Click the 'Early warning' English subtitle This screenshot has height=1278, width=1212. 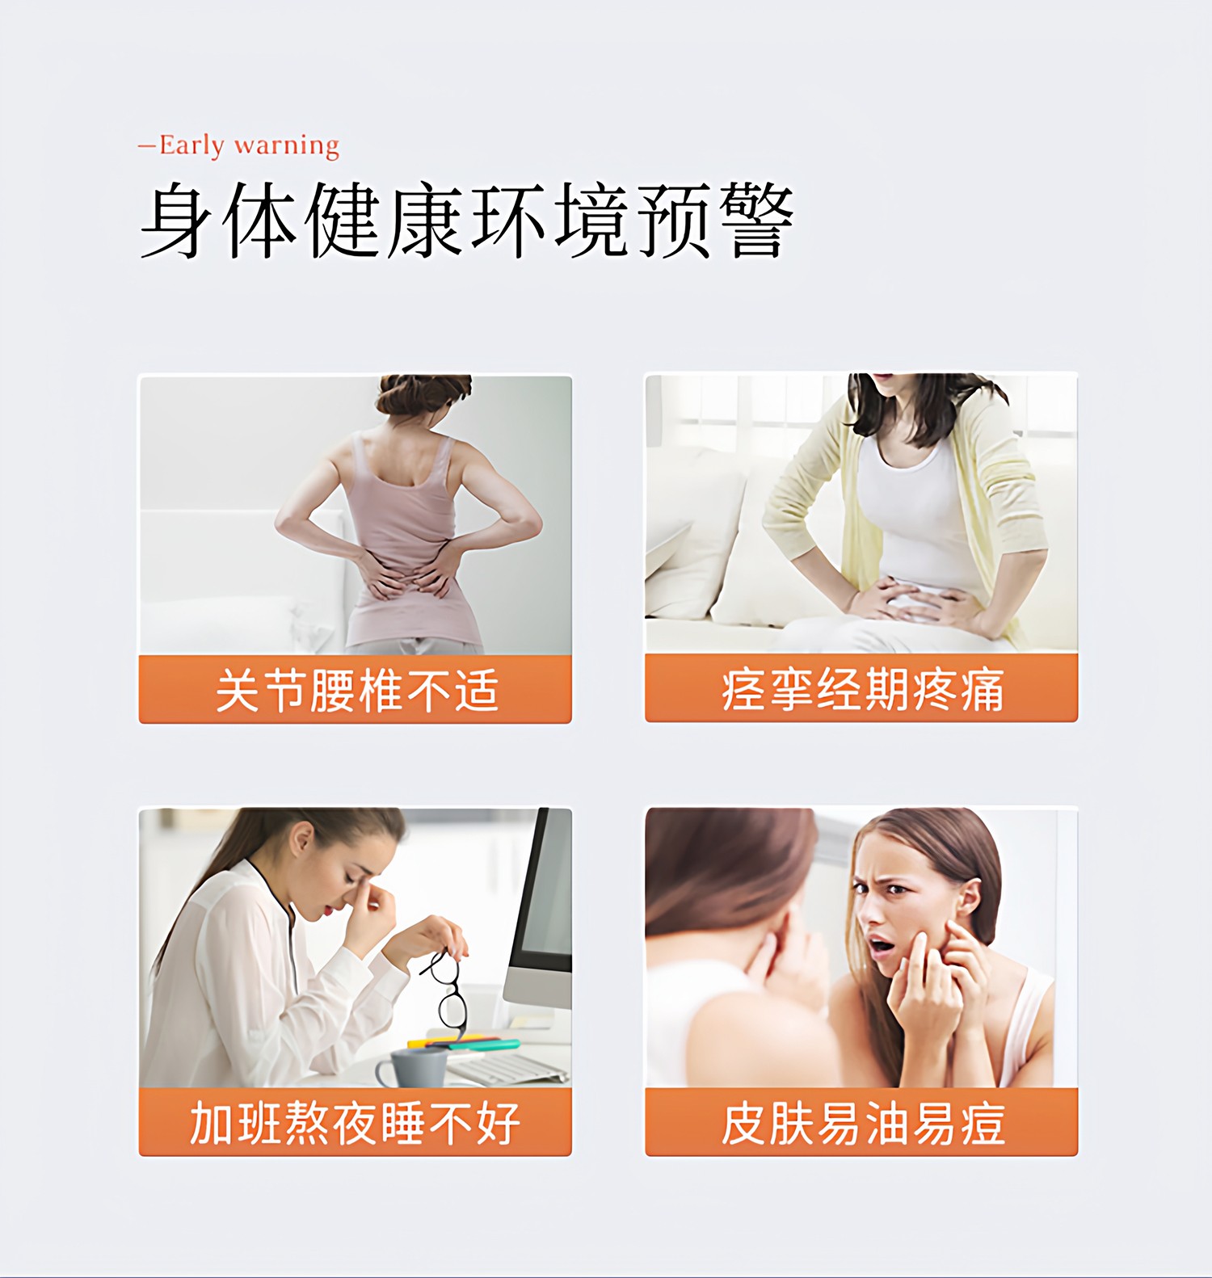click(x=249, y=145)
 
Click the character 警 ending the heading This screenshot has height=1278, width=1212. click(x=755, y=220)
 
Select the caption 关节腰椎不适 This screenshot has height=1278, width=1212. click(x=356, y=691)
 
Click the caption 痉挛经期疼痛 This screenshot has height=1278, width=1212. click(x=862, y=691)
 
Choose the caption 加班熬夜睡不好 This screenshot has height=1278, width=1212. click(x=356, y=1123)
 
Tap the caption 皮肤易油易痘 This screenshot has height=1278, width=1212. click(x=862, y=1123)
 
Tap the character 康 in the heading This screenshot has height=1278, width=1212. click(x=426, y=220)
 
